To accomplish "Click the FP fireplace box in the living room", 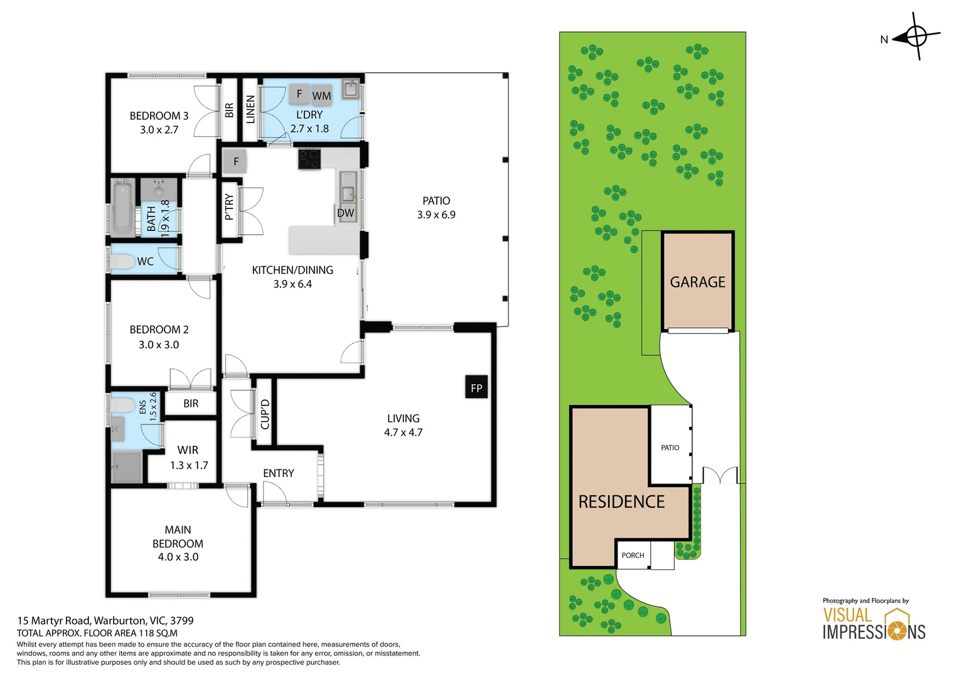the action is point(476,387).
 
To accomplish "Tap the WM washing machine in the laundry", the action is point(321,95).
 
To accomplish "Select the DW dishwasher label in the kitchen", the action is point(345,213).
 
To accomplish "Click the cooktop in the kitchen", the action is point(309,158).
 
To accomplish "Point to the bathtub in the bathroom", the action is point(123,208).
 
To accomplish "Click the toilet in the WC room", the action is point(122,261).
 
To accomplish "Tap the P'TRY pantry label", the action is point(230,207).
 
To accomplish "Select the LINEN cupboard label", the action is point(250,109).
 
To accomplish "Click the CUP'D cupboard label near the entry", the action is point(265,414).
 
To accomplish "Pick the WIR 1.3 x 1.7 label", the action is point(189,458).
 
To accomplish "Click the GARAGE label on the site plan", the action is point(697,282).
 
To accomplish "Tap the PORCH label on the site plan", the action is point(633,555).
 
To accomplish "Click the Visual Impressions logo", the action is point(874,621).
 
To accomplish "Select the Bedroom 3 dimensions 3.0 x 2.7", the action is point(159,130).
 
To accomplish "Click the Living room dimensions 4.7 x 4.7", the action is point(403,432).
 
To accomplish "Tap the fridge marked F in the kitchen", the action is point(235,161).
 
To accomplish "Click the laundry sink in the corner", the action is point(351,89).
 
